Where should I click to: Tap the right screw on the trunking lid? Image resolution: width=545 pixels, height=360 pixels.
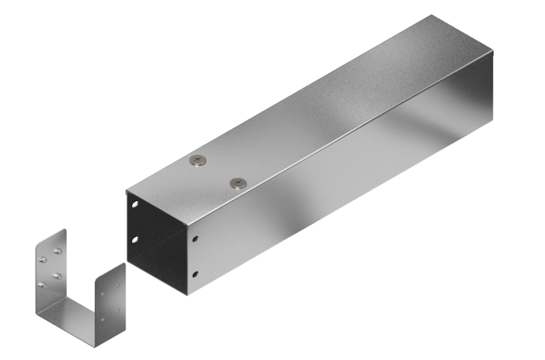[x=237, y=183]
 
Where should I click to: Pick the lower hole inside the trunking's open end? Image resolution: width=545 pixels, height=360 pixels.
[x=133, y=241]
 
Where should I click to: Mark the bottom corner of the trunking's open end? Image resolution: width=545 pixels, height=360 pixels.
[x=186, y=294]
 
